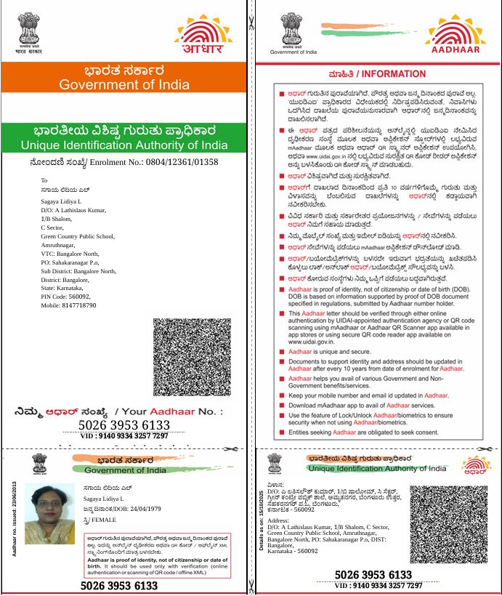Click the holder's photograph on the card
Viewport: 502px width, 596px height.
pos(50,515)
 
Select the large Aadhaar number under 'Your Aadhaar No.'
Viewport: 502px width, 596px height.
pos(124,425)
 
